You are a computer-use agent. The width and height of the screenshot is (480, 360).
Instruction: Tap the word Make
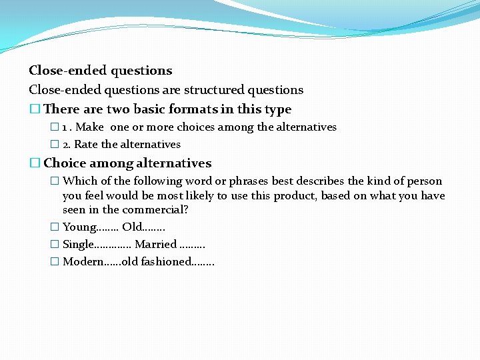click(90, 127)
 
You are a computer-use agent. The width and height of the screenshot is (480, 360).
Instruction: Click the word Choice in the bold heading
click(65, 163)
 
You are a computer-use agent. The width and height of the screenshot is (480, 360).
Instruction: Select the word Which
click(79, 181)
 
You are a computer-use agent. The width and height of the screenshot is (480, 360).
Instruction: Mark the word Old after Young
click(132, 227)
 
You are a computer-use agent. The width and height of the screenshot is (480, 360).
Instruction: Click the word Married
click(156, 245)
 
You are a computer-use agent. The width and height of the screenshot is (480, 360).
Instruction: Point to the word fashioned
click(165, 262)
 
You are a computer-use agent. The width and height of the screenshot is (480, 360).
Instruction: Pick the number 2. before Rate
click(67, 145)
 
